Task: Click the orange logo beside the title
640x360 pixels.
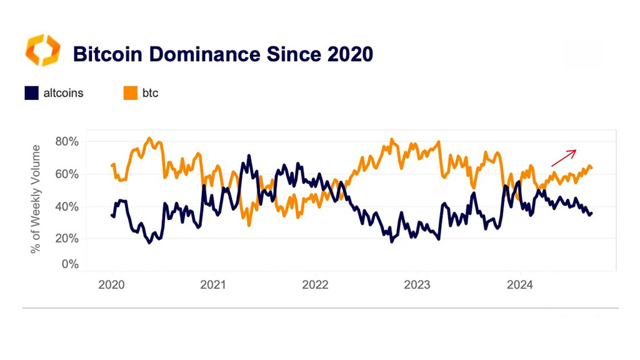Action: click(x=43, y=50)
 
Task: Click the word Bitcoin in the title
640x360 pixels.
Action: click(x=107, y=54)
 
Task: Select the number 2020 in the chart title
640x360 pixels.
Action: click(x=350, y=54)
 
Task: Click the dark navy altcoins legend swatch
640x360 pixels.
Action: click(x=31, y=93)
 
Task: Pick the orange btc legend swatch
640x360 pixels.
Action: click(x=130, y=93)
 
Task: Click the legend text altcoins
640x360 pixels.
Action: click(x=63, y=93)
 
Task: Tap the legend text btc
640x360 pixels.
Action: click(x=150, y=93)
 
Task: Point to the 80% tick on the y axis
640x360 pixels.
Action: click(x=67, y=142)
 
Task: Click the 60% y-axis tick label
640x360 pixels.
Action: click(x=67, y=174)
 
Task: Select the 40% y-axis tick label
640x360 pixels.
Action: click(x=67, y=207)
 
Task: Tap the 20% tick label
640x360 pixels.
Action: click(x=67, y=238)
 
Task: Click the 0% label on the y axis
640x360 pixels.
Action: click(x=70, y=264)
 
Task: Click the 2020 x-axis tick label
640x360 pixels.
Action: click(x=111, y=284)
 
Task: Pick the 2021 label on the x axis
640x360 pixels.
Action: click(x=213, y=284)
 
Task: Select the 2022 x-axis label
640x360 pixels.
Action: click(x=315, y=284)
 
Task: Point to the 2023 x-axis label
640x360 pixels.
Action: click(x=417, y=284)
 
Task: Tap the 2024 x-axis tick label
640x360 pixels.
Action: click(x=519, y=284)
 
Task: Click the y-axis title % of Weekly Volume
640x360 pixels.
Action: click(x=36, y=199)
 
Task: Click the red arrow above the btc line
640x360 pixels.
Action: click(x=564, y=158)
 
